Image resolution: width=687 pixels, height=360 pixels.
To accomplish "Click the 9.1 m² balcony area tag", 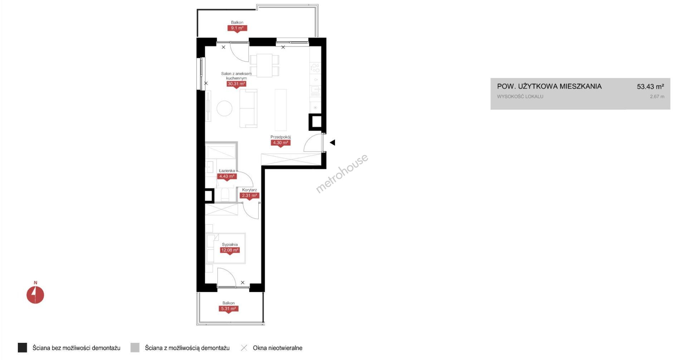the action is [237, 28].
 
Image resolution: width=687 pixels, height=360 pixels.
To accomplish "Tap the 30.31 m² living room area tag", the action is [237, 84].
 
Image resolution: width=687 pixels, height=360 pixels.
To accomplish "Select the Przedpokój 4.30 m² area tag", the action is [281, 143].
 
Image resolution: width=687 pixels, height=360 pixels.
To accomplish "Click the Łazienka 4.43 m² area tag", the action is [227, 176].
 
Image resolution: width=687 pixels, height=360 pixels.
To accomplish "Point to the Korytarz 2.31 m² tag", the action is [249, 196].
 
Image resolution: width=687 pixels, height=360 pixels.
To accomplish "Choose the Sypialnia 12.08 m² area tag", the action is [230, 250].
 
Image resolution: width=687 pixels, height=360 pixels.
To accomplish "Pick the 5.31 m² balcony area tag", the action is [228, 309].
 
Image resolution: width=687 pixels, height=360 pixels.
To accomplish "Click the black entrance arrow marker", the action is [332, 142].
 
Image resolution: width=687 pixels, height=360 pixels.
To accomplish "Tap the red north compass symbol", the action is [35, 295].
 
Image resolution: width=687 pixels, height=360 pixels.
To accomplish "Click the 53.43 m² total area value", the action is [651, 87].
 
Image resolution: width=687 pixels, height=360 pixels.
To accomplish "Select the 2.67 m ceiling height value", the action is [657, 97].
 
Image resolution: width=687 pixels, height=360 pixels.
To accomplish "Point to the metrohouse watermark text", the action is [342, 174].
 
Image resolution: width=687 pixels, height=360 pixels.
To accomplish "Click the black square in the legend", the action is [22, 348].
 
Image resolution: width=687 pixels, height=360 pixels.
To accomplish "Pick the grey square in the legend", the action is [135, 348].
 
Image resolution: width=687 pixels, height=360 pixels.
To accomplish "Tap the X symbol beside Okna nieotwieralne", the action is [244, 348].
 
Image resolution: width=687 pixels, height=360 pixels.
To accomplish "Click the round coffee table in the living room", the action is [225, 108].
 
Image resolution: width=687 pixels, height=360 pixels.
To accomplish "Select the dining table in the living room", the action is [264, 65].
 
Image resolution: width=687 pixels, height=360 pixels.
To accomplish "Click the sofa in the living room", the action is [248, 108].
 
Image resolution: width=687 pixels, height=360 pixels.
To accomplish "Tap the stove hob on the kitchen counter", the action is [315, 68].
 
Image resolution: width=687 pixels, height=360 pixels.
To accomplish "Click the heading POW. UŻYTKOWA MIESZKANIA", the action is [549, 87].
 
